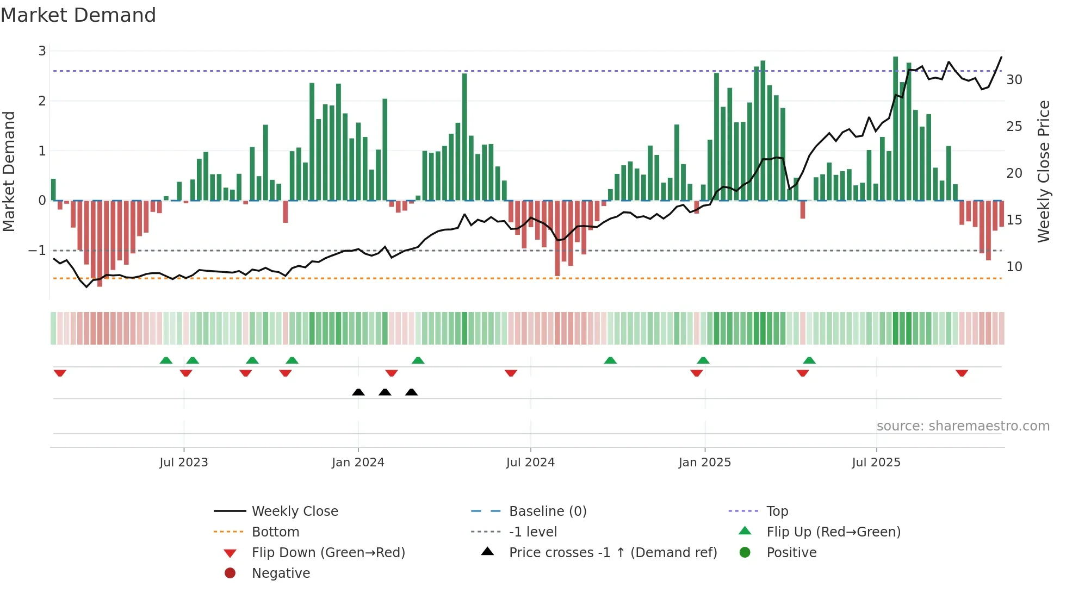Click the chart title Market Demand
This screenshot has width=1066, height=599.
[x=78, y=15]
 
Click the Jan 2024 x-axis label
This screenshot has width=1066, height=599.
[x=358, y=463]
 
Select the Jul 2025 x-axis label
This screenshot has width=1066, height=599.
[x=876, y=463]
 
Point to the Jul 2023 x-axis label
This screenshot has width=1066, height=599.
[x=183, y=463]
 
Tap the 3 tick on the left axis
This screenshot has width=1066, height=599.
[x=42, y=51]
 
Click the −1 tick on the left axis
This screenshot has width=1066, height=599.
[x=37, y=251]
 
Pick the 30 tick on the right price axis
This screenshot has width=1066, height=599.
[x=1014, y=80]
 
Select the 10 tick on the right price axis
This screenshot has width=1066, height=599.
[x=1014, y=267]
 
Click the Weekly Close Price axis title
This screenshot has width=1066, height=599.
[x=1043, y=171]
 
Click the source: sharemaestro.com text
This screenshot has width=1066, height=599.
[x=963, y=426]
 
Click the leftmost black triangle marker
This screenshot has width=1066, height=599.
[x=358, y=392]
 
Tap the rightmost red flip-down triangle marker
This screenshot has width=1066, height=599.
[x=962, y=373]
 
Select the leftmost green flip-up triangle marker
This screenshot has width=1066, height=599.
[x=166, y=360]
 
